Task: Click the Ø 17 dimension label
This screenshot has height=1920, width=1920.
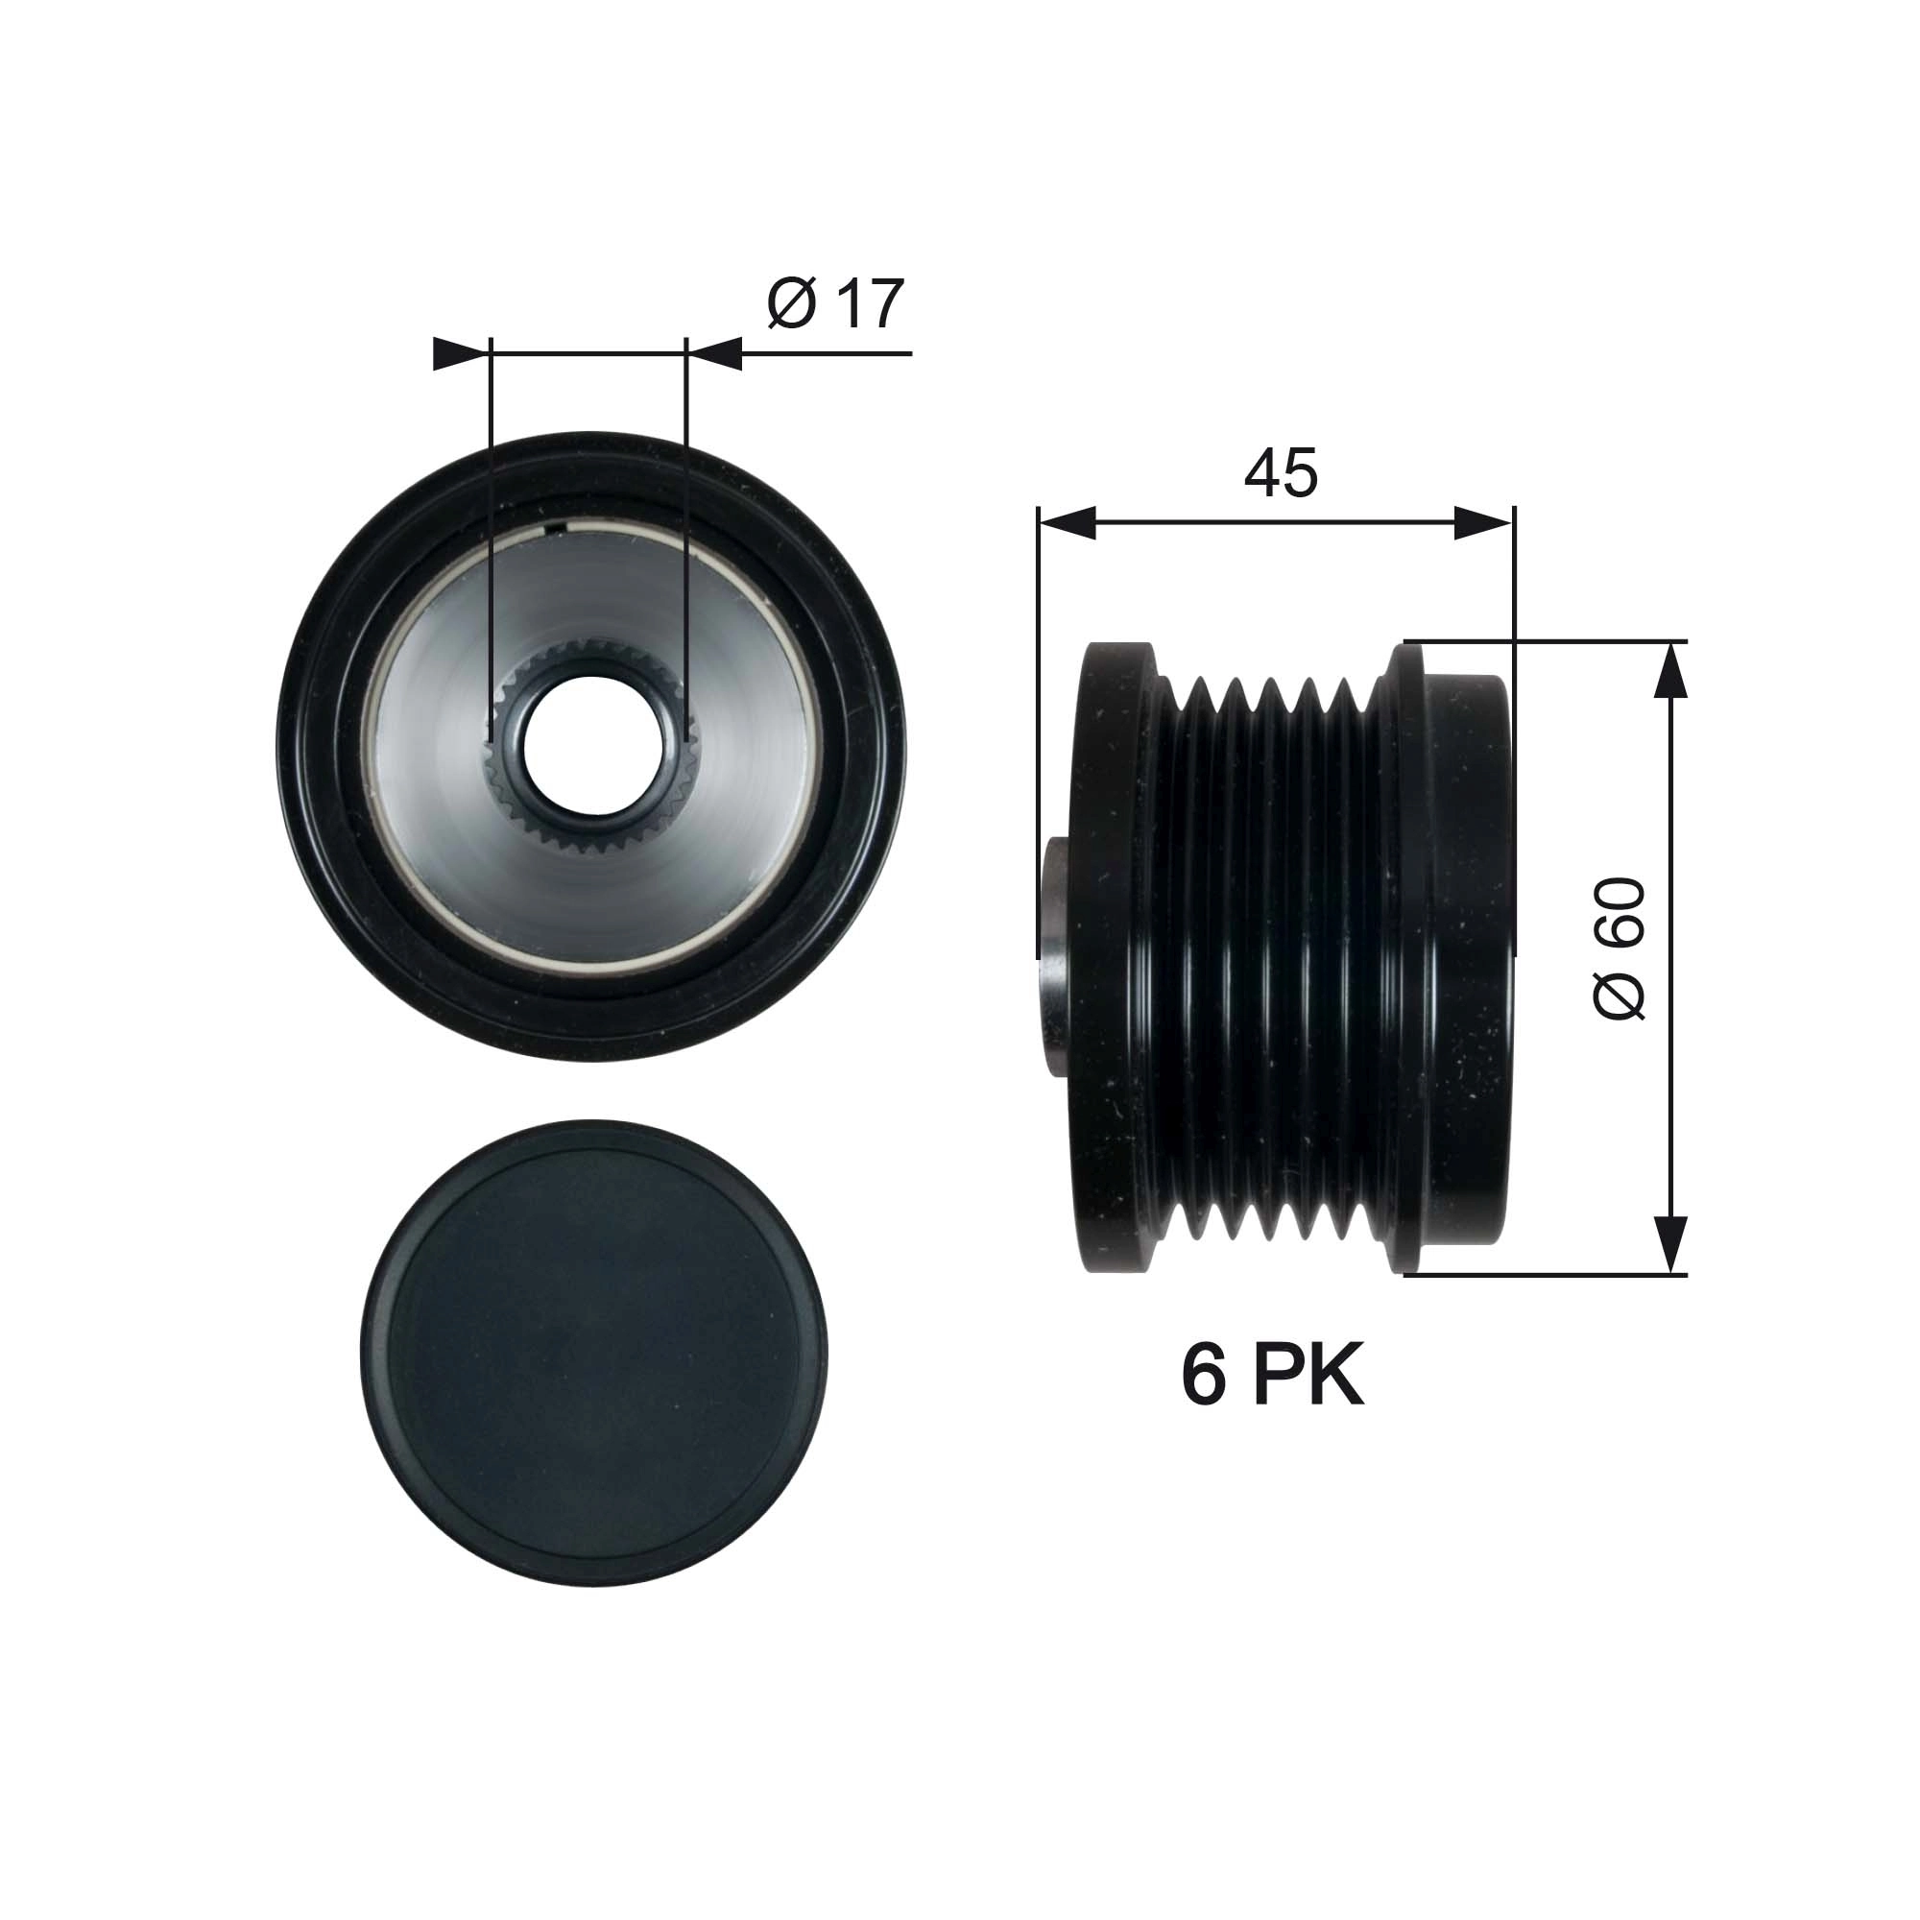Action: pyautogui.click(x=836, y=304)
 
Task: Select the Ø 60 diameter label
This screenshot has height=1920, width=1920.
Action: pyautogui.click(x=1619, y=948)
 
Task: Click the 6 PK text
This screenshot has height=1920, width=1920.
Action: pyautogui.click(x=1272, y=1377)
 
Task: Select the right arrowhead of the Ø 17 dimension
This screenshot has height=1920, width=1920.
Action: pyautogui.click(x=715, y=354)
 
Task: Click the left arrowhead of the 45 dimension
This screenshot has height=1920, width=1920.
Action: pyautogui.click(x=1067, y=523)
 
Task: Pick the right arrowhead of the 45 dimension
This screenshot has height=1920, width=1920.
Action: pyautogui.click(x=1484, y=523)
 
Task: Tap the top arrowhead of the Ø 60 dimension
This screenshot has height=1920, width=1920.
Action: pyautogui.click(x=1671, y=672)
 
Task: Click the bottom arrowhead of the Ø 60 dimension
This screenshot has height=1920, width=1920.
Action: pyautogui.click(x=1671, y=1242)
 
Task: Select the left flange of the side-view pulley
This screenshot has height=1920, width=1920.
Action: pyautogui.click(x=1118, y=959)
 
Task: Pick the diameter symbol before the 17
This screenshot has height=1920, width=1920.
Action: pyautogui.click(x=792, y=305)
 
